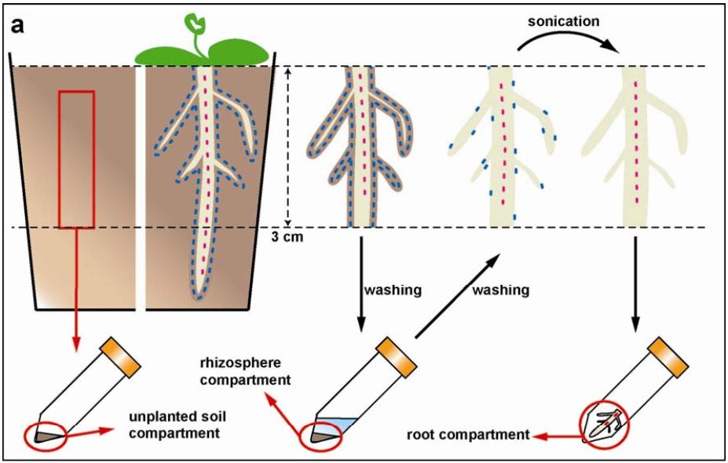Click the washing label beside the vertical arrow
[x=393, y=290]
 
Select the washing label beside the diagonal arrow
[x=499, y=290]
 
